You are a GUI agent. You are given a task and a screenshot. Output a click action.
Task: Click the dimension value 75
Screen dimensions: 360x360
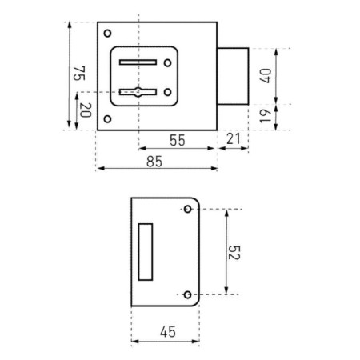coord(79,74)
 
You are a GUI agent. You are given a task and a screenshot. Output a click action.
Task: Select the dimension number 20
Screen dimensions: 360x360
coord(86,110)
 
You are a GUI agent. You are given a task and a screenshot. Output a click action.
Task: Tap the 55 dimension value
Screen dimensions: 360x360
coord(178,140)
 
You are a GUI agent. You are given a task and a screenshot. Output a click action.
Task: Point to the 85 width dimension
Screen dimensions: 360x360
coord(154,162)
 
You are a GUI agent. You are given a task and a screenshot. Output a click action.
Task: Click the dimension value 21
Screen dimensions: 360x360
coord(234,138)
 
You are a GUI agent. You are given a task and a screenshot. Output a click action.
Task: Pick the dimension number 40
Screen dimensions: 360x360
coord(266,76)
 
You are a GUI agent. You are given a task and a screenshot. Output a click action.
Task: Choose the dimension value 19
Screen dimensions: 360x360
coord(266,116)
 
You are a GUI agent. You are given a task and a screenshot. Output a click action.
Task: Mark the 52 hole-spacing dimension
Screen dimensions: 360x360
coord(234,253)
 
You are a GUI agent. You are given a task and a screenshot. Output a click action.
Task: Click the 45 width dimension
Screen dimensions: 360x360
coord(168,332)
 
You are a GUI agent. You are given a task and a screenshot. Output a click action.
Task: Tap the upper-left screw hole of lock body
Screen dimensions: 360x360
coord(107,34)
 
